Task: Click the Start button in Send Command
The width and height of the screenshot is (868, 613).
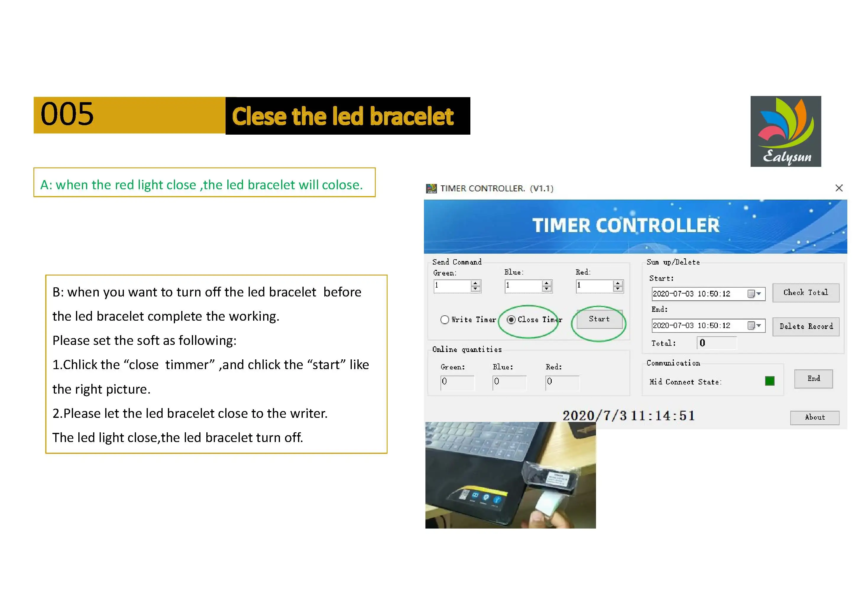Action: [599, 319]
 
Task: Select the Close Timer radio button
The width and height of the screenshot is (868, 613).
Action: [511, 319]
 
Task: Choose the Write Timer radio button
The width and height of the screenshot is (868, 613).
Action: [445, 319]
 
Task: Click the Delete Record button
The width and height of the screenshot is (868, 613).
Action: [806, 326]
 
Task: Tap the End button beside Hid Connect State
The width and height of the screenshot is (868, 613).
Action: [814, 379]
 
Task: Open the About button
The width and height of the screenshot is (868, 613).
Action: [815, 417]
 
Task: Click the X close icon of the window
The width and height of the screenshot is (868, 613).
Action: [839, 188]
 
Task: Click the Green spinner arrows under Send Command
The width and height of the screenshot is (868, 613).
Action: [476, 286]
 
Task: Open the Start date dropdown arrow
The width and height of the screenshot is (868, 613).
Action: [758, 294]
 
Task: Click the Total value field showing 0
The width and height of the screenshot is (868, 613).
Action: [716, 343]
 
